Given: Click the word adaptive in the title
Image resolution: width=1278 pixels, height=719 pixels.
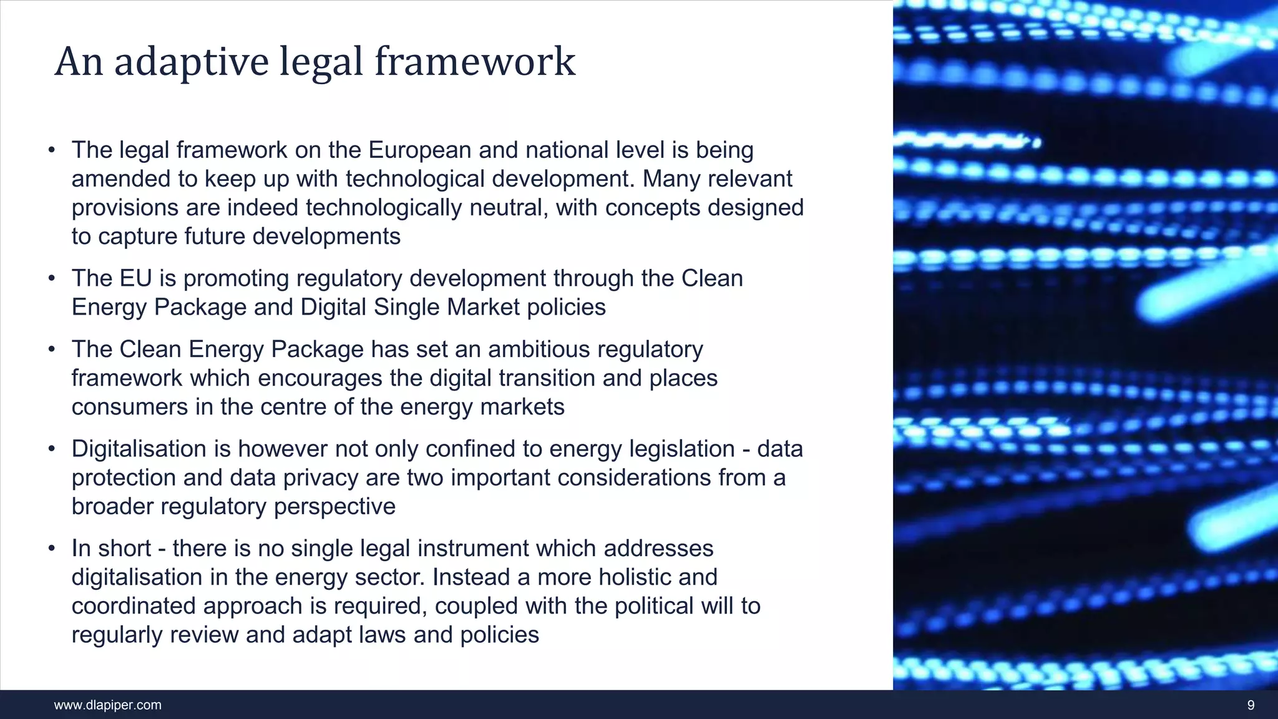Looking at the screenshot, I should click(192, 62).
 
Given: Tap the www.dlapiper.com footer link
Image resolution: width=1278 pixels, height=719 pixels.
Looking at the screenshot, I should click(107, 705).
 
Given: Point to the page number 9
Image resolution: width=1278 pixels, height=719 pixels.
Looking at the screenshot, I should click(1251, 705).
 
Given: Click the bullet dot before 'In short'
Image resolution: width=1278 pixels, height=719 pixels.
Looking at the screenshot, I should click(52, 549).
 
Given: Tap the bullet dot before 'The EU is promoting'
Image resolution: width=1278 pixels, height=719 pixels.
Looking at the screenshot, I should click(52, 278).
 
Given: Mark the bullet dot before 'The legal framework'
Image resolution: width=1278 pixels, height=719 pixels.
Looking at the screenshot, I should click(52, 150).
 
